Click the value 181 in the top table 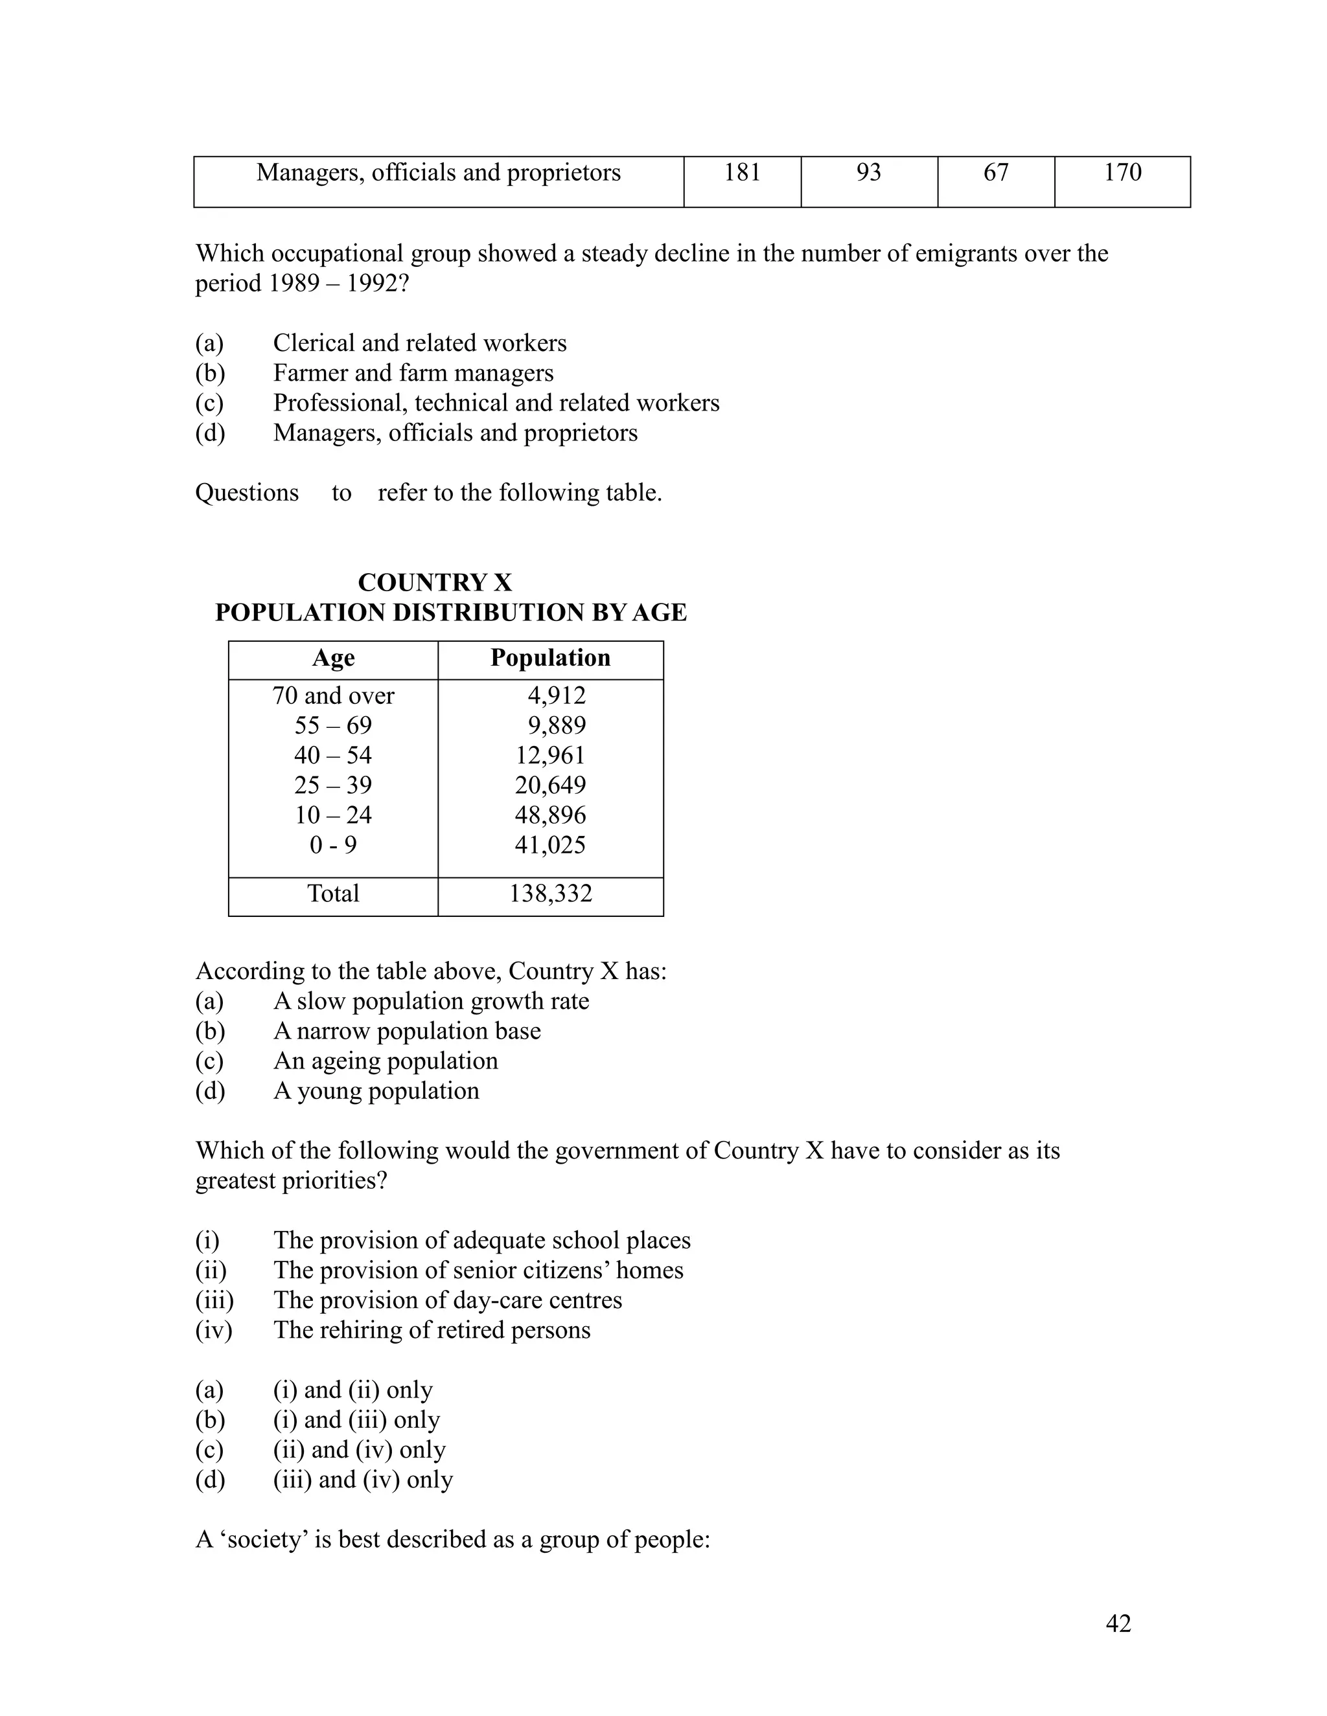click(741, 172)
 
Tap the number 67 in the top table click(995, 172)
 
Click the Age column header click(333, 658)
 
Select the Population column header click(550, 658)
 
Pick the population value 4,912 click(556, 695)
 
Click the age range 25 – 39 click(333, 785)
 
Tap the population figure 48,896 click(550, 815)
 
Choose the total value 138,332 click(550, 894)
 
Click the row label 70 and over click(333, 695)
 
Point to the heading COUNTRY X click(435, 582)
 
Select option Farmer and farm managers click(413, 372)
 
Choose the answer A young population click(376, 1090)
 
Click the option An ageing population click(386, 1061)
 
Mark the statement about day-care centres click(447, 1300)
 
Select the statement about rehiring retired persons click(432, 1329)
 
